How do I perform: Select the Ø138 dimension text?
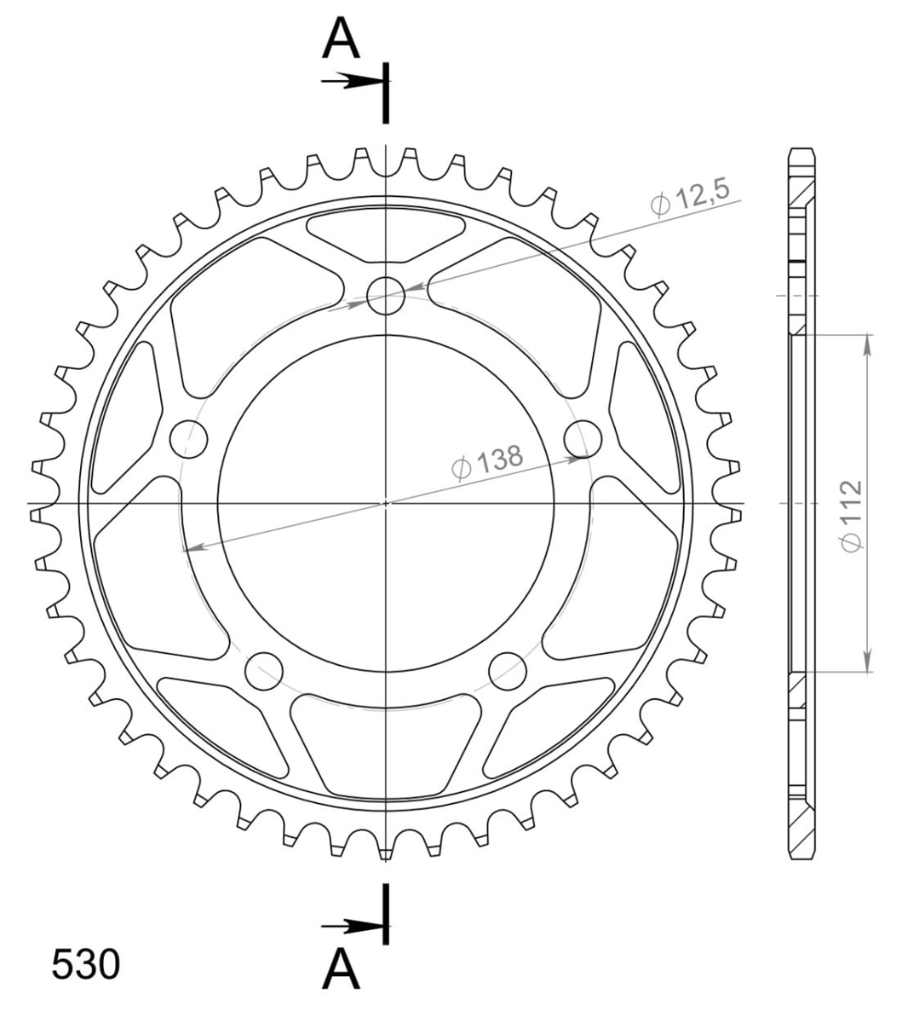coord(488,461)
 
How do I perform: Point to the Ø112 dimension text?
coord(853,516)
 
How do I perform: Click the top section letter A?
coord(341,38)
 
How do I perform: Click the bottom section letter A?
coord(341,969)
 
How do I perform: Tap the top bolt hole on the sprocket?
coord(386,295)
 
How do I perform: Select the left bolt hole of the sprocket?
coord(189,439)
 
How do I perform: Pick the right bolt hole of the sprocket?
coord(583,439)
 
